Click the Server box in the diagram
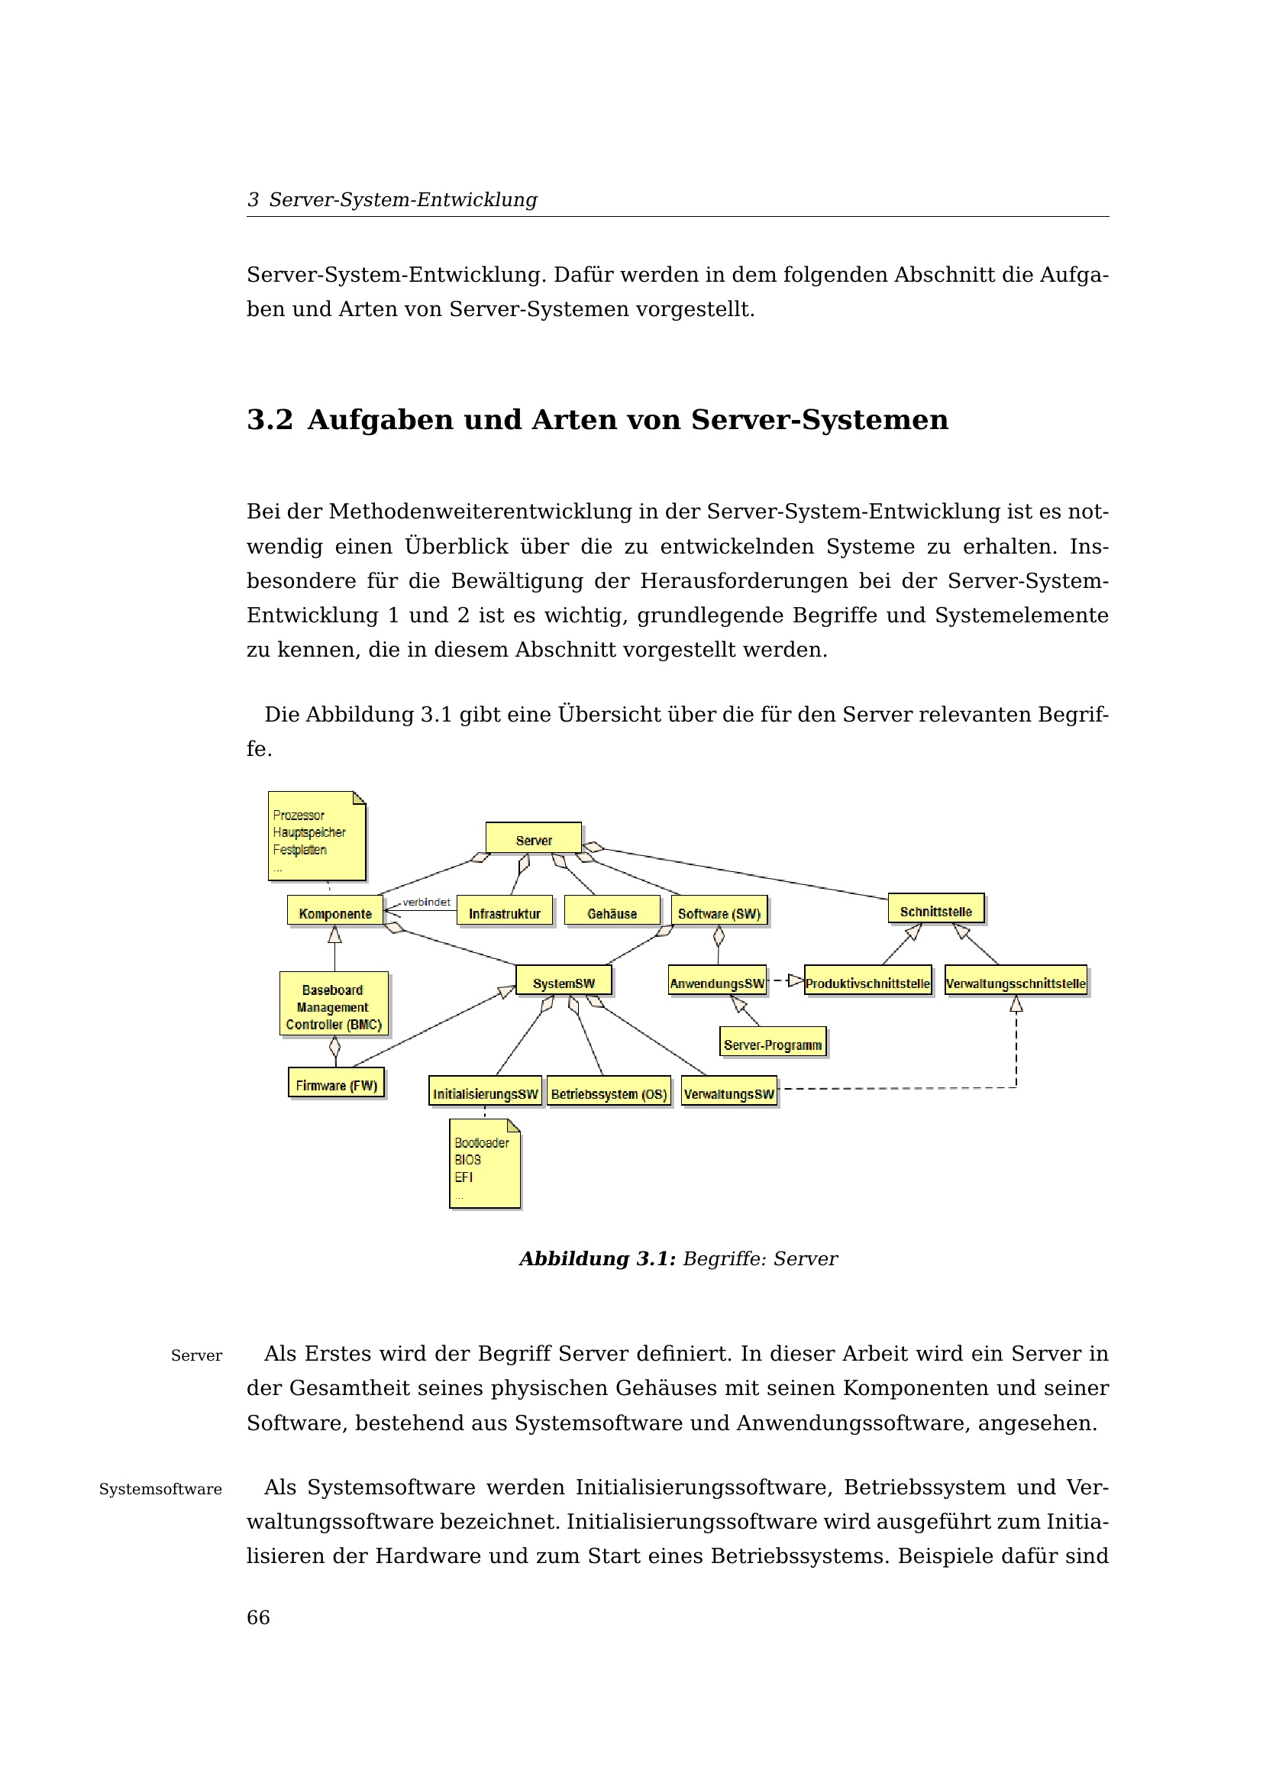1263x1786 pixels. [534, 838]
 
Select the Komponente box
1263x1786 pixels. [335, 912]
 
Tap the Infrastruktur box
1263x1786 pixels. [504, 912]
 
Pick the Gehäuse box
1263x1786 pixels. [612, 912]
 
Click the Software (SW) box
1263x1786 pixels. [719, 912]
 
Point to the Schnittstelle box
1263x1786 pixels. [935, 909]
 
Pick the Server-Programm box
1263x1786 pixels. [772, 1043]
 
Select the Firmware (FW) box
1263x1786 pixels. [336, 1084]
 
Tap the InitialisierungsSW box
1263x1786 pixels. [486, 1092]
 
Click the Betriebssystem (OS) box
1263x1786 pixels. [609, 1092]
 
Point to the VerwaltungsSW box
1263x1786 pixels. [728, 1092]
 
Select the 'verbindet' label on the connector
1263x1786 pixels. [426, 902]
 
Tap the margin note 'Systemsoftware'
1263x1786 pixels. [160, 1490]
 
